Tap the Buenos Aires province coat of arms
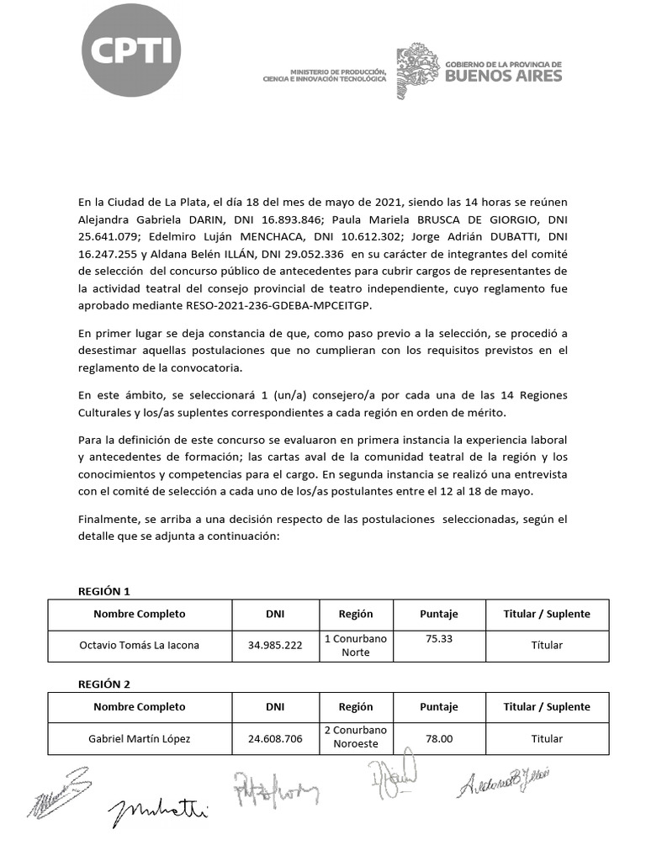(x=416, y=72)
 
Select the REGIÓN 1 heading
(x=104, y=591)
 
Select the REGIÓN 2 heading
(x=104, y=684)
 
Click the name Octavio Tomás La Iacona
(x=140, y=646)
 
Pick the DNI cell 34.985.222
(x=275, y=646)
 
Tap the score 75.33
(x=439, y=639)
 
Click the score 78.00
(x=439, y=739)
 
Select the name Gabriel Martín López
(x=140, y=739)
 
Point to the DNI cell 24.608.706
(x=275, y=739)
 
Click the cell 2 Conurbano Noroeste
(x=356, y=737)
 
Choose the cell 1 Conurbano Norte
(x=356, y=645)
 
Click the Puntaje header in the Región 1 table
(x=439, y=614)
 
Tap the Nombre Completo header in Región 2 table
(x=140, y=707)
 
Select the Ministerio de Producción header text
(x=325, y=75)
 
